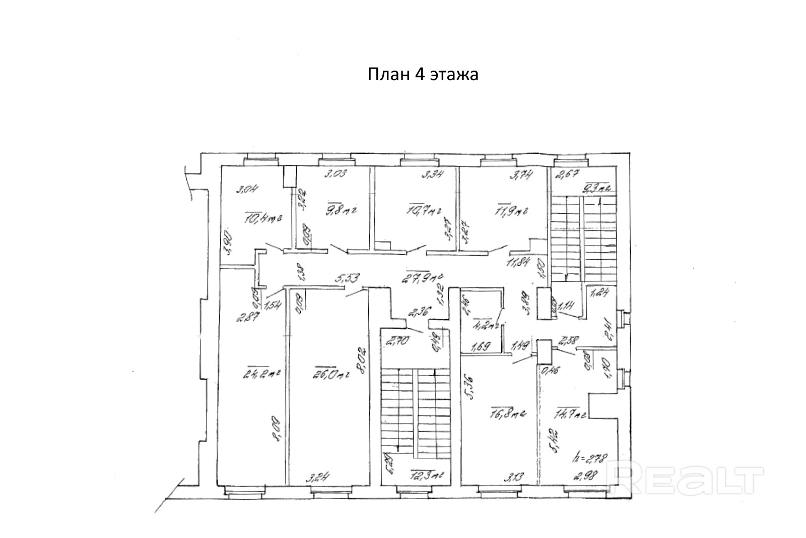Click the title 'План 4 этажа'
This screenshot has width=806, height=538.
(x=423, y=75)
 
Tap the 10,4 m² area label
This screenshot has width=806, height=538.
(x=262, y=219)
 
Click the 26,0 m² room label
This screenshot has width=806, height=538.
(x=331, y=375)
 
